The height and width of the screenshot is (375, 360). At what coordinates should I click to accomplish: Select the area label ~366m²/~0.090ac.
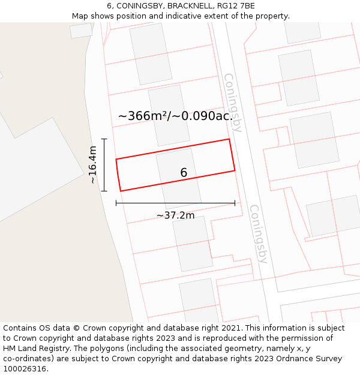175,116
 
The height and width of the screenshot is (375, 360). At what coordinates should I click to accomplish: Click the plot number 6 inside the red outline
184,173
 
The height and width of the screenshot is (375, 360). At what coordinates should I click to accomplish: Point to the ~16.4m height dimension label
92,165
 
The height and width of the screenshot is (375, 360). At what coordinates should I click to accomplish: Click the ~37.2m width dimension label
175,215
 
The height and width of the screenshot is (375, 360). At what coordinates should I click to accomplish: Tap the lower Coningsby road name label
258,234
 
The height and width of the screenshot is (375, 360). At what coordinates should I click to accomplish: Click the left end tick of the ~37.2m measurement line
116,203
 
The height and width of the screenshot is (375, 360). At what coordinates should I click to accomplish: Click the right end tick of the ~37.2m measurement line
235,203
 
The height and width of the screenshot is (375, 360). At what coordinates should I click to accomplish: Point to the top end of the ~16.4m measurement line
104,139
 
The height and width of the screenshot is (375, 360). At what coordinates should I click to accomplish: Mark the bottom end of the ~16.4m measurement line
104,191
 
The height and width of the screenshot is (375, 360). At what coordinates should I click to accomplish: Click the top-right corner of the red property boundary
229,139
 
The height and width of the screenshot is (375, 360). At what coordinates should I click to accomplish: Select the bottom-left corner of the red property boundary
121,191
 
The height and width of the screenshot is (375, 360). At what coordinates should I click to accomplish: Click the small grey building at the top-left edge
81,31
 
